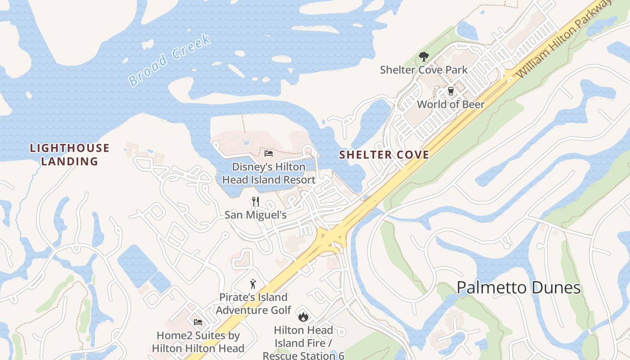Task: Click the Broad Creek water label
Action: tap(169, 60)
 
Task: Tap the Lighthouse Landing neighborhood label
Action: tap(69, 154)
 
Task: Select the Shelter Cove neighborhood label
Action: tap(384, 155)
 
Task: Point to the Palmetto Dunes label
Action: tap(519, 288)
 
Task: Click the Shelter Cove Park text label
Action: tap(423, 70)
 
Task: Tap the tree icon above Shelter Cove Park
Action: tap(423, 57)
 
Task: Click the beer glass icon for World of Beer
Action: tap(450, 91)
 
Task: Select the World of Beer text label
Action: tap(450, 104)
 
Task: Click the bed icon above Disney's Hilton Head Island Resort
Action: tap(269, 153)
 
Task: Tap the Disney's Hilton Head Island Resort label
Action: tap(269, 173)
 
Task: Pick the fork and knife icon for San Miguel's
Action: tap(256, 201)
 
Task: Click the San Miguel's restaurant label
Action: tap(256, 215)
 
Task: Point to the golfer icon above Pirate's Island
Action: tap(253, 284)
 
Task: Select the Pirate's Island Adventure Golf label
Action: tap(253, 304)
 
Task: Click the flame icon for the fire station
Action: tap(303, 317)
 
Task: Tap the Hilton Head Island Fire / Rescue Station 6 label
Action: tap(303, 343)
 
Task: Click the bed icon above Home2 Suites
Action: tap(198, 322)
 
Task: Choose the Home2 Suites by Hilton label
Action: tap(198, 342)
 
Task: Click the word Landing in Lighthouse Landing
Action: tap(69, 161)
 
